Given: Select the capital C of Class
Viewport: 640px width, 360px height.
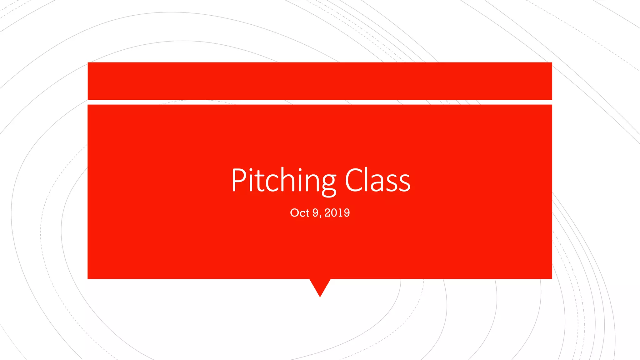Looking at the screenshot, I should click(355, 180).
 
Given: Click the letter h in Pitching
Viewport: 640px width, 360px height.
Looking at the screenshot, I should click(286, 181).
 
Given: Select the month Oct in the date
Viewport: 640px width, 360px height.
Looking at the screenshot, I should click(299, 213).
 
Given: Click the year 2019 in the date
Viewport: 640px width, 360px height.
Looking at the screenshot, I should click(337, 213).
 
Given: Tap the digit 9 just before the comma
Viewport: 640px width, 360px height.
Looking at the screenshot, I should click(315, 213).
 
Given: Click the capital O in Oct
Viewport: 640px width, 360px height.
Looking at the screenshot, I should click(294, 213).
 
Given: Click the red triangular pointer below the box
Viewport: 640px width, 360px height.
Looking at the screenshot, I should click(320, 286).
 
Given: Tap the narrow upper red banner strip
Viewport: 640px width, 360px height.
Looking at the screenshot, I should click(320, 81).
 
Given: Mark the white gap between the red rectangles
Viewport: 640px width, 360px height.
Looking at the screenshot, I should click(320, 102).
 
